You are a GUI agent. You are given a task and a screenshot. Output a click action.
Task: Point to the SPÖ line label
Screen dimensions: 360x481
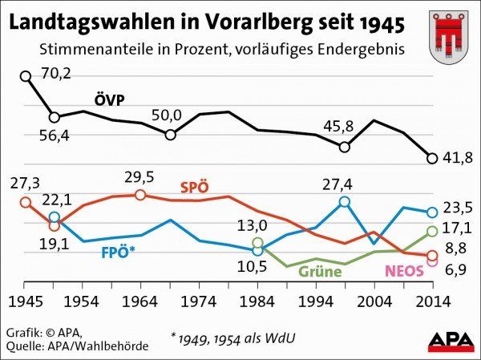(195, 187)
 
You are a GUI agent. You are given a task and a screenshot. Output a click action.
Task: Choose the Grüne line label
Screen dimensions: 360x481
(320, 271)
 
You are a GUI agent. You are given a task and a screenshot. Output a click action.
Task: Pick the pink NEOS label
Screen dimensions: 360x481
(403, 271)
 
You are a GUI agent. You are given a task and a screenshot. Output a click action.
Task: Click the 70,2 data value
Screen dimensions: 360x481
(57, 74)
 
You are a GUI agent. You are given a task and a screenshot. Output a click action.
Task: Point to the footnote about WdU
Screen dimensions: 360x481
(233, 338)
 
